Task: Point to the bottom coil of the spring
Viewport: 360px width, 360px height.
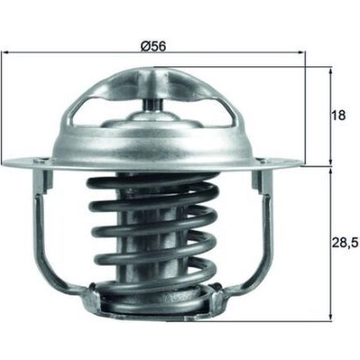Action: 152,301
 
